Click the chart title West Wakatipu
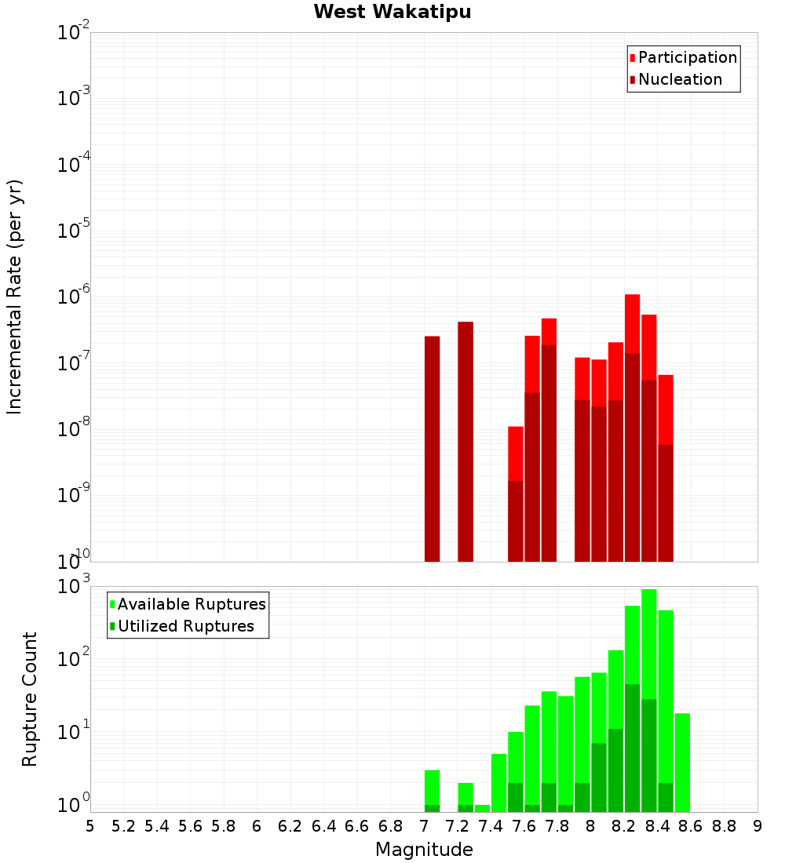pyautogui.click(x=392, y=13)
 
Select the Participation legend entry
pyautogui.click(x=687, y=57)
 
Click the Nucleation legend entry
pyautogui.click(x=680, y=79)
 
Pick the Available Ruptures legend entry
pyautogui.click(x=191, y=604)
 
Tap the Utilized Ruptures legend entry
pyautogui.click(x=185, y=626)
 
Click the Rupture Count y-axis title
pyautogui.click(x=30, y=698)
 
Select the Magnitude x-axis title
pyautogui.click(x=424, y=849)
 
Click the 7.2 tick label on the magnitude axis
pyautogui.click(x=457, y=826)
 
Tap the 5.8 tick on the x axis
pyautogui.click(x=224, y=826)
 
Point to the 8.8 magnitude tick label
pyautogui.click(x=724, y=826)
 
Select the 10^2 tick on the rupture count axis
pyautogui.click(x=75, y=657)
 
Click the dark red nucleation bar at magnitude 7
pyautogui.click(x=432, y=447)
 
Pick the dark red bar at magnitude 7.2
pyautogui.click(x=466, y=439)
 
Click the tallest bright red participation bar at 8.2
pyautogui.click(x=632, y=322)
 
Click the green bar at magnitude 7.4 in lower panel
pyautogui.click(x=482, y=807)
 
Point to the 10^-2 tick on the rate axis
pyautogui.click(x=75, y=33)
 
